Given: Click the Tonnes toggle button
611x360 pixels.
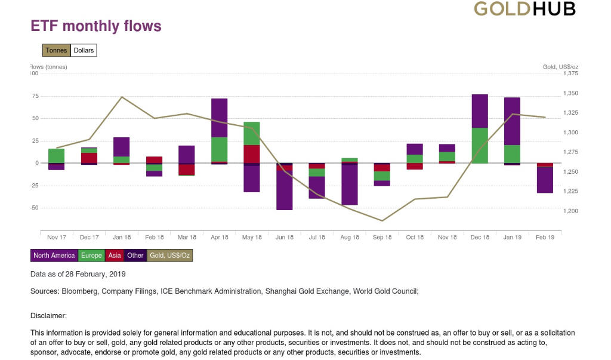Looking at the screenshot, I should click(x=57, y=51).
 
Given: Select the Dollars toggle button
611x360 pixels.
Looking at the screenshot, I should click(x=84, y=51).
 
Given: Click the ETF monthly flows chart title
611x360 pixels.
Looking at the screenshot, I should click(x=96, y=26).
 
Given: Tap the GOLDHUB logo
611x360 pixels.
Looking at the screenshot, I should click(x=524, y=8).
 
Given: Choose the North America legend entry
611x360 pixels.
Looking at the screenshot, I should click(x=54, y=256).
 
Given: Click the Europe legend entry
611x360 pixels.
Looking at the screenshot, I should click(x=91, y=256).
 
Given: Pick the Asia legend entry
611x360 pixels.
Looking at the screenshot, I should click(x=114, y=256).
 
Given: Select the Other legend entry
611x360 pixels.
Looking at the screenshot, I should click(x=135, y=256).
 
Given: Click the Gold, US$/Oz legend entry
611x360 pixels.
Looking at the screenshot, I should click(x=170, y=256).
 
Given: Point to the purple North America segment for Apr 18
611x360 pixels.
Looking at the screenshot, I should click(x=220, y=118).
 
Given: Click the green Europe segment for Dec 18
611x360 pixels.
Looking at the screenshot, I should click(x=480, y=145).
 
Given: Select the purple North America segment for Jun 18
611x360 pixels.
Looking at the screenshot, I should click(x=285, y=190).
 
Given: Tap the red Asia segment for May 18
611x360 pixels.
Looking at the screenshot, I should click(x=252, y=153).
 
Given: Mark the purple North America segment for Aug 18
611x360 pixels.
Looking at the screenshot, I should click(x=350, y=184).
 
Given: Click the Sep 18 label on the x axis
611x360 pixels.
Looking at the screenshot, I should click(x=382, y=238).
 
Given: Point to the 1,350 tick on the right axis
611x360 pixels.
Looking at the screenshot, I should click(x=570, y=94).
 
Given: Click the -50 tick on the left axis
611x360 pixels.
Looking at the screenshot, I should click(x=35, y=208).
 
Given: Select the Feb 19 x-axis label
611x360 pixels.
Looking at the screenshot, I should click(x=545, y=238).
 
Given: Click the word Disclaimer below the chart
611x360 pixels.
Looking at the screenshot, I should click(x=48, y=315).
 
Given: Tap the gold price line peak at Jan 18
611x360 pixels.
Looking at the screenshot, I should click(x=122, y=97).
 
